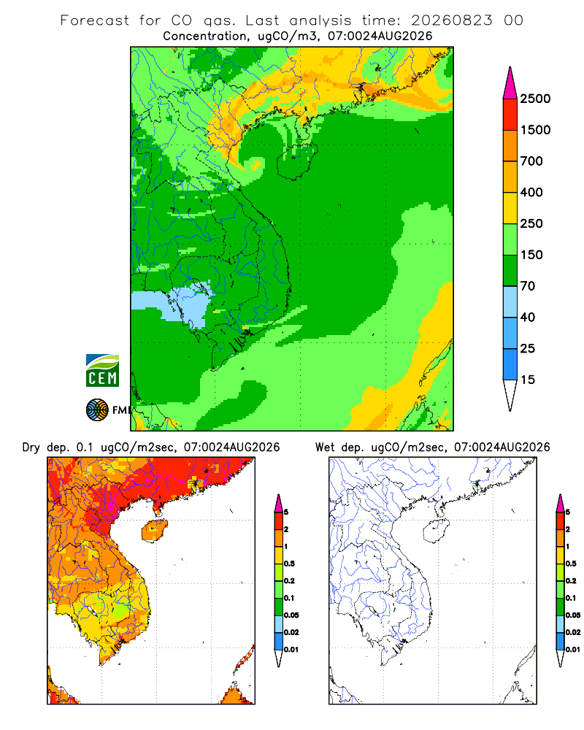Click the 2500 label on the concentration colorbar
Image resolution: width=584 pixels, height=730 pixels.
pos(535,99)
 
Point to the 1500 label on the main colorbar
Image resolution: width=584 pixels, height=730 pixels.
pos(535,130)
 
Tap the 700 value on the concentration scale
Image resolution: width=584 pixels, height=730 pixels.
pos(531,161)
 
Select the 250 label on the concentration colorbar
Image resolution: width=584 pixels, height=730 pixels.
pos(531,223)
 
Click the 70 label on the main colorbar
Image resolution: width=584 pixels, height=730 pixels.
pos(528,286)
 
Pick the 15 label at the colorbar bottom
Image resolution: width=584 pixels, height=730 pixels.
pos(528,380)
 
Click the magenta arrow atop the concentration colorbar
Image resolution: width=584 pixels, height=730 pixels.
pos(510,83)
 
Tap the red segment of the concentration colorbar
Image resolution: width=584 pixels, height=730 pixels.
pos(510,115)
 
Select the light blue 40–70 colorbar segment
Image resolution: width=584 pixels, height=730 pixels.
pos(510,301)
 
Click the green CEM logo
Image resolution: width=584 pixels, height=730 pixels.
pos(102,371)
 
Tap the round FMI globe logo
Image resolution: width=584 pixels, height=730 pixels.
pos(97,410)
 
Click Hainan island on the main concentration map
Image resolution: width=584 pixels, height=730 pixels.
pos(296,161)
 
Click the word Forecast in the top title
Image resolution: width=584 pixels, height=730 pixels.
pos(95,20)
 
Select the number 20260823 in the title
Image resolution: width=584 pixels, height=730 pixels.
pos(451,20)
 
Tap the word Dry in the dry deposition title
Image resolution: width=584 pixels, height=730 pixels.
pos(31,447)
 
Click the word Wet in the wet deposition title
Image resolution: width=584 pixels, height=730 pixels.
pos(325,447)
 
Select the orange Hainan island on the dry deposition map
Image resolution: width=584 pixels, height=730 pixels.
pos(155,531)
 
